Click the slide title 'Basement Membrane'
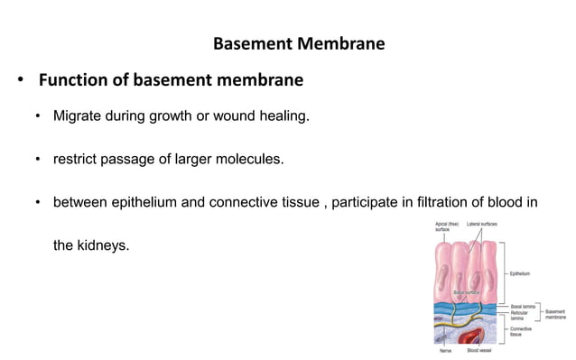coord(299,43)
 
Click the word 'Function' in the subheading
coord(73,81)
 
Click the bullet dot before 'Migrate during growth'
coord(38,117)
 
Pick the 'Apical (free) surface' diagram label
coord(447,226)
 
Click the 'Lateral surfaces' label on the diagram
coord(482,223)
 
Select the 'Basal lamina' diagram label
coord(522,306)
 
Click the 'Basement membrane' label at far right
coord(555,314)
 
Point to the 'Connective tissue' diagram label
coord(521,331)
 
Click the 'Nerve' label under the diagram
coord(445,351)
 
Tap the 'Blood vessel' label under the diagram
coord(479,351)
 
